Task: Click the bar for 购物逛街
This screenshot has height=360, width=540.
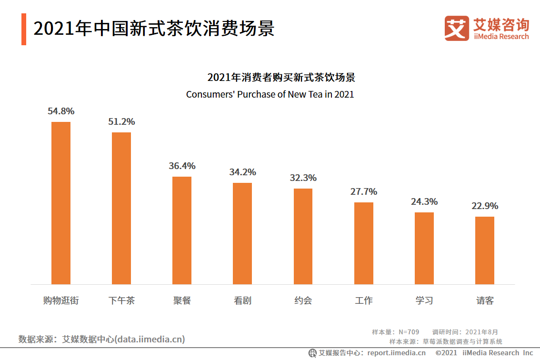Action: pyautogui.click(x=60, y=203)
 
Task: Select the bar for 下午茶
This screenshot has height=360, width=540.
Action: pyautogui.click(x=121, y=208)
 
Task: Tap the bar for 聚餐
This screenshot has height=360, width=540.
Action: pyautogui.click(x=182, y=230)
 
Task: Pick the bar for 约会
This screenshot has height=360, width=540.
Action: pyautogui.click(x=303, y=236)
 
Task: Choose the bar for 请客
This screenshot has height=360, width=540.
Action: pyautogui.click(x=485, y=250)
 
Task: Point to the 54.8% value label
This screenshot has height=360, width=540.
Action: pyautogui.click(x=61, y=111)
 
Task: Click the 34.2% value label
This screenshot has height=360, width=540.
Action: pyautogui.click(x=242, y=172)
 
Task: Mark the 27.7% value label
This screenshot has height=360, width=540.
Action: pyautogui.click(x=364, y=192)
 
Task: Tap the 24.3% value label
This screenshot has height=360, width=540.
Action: pyautogui.click(x=424, y=202)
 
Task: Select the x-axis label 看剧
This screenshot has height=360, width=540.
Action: pyautogui.click(x=242, y=301)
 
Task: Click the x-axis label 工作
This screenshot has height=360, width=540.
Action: pyautogui.click(x=364, y=301)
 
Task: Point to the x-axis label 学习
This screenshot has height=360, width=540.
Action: pyautogui.click(x=424, y=301)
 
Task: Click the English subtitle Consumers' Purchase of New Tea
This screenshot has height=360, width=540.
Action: pyautogui.click(x=270, y=94)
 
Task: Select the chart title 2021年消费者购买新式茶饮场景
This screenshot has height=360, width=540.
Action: pyautogui.click(x=281, y=78)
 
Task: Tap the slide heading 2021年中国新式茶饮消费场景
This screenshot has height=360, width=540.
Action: pyautogui.click(x=154, y=29)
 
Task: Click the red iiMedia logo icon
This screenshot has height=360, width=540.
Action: pyautogui.click(x=457, y=28)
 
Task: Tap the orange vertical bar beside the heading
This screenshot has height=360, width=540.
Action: pyautogui.click(x=24, y=30)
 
